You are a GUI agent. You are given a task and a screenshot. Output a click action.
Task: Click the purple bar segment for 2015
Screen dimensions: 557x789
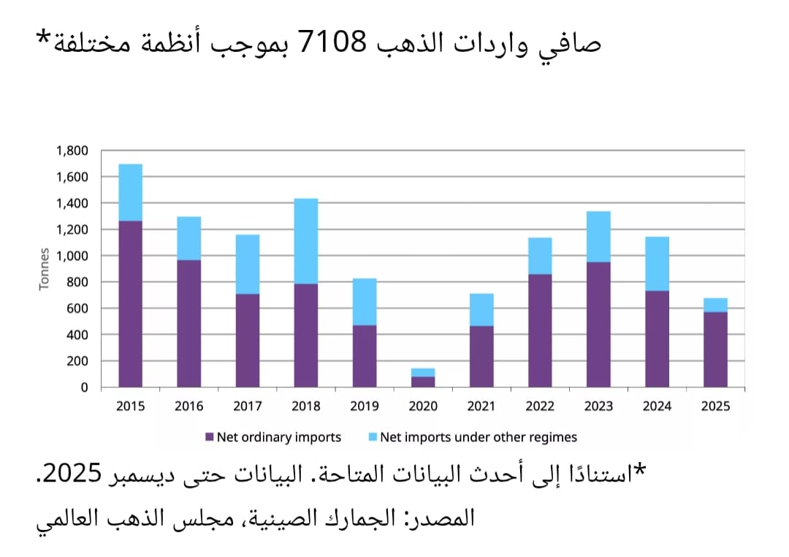point(131,303)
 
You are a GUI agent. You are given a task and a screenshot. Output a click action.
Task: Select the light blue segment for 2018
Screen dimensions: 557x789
point(306,240)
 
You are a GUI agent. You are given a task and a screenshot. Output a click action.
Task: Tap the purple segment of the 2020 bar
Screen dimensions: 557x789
point(423,382)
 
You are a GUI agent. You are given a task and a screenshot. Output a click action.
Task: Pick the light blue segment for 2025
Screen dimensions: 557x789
point(715,305)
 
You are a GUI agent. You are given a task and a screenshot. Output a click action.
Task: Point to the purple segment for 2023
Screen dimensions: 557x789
point(598,324)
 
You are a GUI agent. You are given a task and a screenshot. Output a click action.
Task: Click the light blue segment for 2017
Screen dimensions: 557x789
point(248,264)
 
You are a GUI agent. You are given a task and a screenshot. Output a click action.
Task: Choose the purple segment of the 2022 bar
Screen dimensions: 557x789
point(540,330)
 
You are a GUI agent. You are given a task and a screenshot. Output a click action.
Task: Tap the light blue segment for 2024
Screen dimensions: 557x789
point(657,263)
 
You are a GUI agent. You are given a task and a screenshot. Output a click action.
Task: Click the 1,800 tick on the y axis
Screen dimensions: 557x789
point(72,151)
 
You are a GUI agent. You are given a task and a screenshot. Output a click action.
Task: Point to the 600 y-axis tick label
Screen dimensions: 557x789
point(77,308)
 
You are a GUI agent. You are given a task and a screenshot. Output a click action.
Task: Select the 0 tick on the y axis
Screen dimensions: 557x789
point(84,387)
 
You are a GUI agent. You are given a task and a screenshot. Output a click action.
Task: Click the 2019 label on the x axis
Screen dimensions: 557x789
point(365,406)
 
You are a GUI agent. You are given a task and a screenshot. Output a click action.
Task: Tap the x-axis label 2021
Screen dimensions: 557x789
point(481,406)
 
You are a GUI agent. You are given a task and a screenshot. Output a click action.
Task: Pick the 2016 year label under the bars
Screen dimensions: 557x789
point(189,406)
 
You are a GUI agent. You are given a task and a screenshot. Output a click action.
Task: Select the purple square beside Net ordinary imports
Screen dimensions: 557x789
point(210,437)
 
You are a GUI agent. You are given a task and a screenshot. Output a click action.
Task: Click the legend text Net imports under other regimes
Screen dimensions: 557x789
point(478,437)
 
